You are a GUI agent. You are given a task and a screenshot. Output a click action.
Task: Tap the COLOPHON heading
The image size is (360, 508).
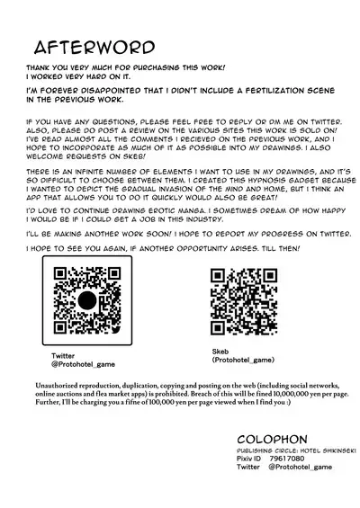pyautogui.click(x=263, y=457)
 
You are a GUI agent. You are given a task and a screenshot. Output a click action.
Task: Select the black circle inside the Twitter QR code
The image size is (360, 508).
pyautogui.click(x=86, y=301)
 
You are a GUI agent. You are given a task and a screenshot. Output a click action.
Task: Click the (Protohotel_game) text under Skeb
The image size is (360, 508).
pyautogui.click(x=244, y=359)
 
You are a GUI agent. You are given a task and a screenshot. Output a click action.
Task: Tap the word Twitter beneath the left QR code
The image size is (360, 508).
pyautogui.click(x=64, y=357)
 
